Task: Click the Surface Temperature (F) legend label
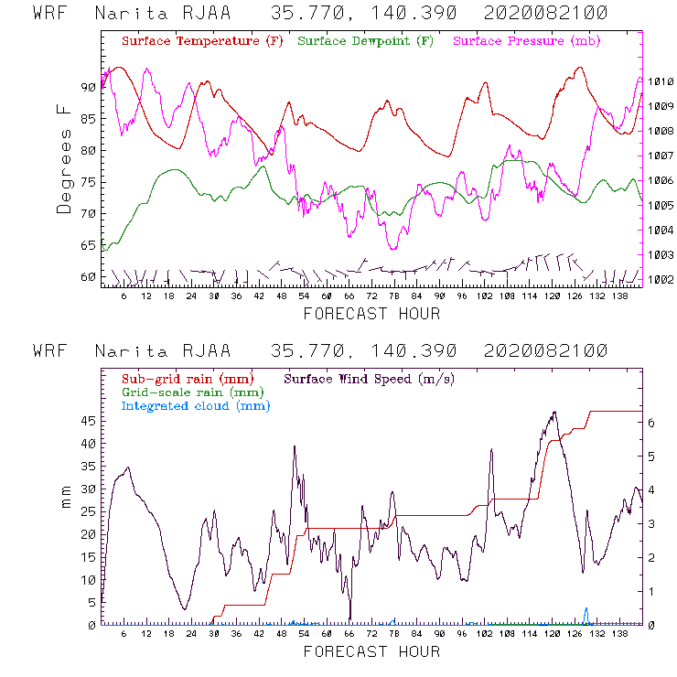point(202,42)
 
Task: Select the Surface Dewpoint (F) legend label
point(366,42)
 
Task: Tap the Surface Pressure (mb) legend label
point(521,42)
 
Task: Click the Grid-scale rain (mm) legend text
point(190,392)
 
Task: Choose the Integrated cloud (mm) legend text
point(196,405)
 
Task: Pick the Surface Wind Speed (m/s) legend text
point(370,378)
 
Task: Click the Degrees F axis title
point(63,157)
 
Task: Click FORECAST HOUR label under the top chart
point(371,314)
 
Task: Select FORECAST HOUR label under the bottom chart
point(371,652)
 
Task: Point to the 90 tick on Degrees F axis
point(88,87)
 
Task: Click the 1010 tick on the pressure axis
point(661,81)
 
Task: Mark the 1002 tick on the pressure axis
point(661,279)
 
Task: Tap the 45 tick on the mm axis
point(88,421)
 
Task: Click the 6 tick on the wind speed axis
point(651,423)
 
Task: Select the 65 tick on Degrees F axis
point(88,245)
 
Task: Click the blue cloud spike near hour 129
point(586,612)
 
